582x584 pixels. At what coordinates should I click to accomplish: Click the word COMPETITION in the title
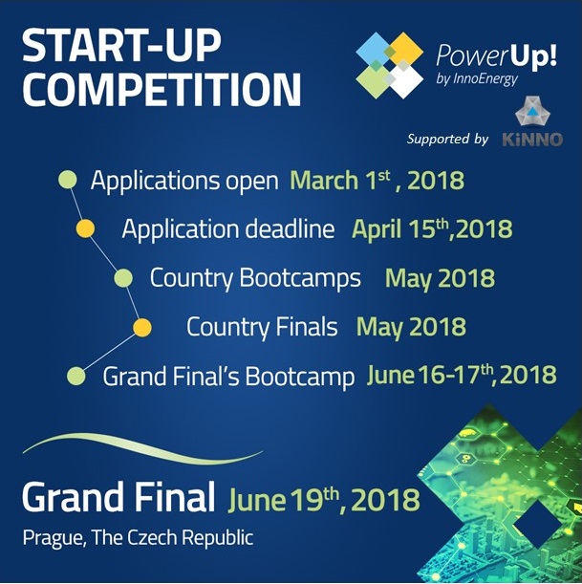click(x=162, y=90)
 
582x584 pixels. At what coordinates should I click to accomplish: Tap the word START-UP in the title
click(x=121, y=46)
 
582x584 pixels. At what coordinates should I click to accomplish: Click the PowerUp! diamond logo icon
click(x=390, y=66)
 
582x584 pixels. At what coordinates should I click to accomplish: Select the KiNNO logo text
click(x=532, y=140)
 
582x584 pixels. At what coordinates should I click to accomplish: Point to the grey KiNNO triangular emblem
click(x=532, y=112)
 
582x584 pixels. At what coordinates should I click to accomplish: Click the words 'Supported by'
click(x=447, y=139)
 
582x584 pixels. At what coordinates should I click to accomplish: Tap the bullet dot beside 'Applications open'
click(x=68, y=180)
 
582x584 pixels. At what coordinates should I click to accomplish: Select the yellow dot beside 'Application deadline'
click(x=85, y=228)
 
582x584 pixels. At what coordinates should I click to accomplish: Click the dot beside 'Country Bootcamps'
click(x=123, y=278)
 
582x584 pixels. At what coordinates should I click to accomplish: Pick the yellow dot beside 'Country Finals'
click(x=142, y=328)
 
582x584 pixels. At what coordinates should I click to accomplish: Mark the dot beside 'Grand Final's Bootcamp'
click(x=76, y=376)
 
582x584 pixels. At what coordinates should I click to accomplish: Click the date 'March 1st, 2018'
click(x=377, y=181)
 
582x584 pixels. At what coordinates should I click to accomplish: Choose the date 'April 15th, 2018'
click(x=432, y=228)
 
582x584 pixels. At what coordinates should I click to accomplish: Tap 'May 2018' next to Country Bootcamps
click(x=440, y=278)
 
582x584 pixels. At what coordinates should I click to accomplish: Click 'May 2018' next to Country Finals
click(x=411, y=327)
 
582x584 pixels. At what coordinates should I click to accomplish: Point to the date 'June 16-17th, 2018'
click(x=462, y=375)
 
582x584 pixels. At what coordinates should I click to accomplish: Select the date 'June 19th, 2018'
click(x=324, y=500)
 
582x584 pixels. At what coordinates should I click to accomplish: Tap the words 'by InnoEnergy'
click(x=477, y=78)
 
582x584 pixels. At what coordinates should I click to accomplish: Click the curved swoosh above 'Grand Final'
click(x=142, y=449)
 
